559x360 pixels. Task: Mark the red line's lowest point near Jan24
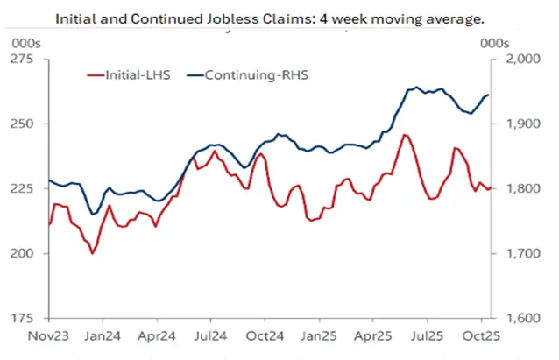pos(92,253)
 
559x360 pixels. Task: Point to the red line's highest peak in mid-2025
pos(404,135)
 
